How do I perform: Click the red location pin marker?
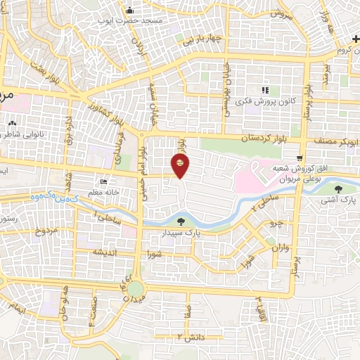(181, 165)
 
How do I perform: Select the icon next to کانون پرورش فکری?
(265, 90)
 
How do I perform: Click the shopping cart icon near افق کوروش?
(300, 157)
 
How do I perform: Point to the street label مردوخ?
(46, 231)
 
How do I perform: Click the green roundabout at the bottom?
(134, 289)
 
